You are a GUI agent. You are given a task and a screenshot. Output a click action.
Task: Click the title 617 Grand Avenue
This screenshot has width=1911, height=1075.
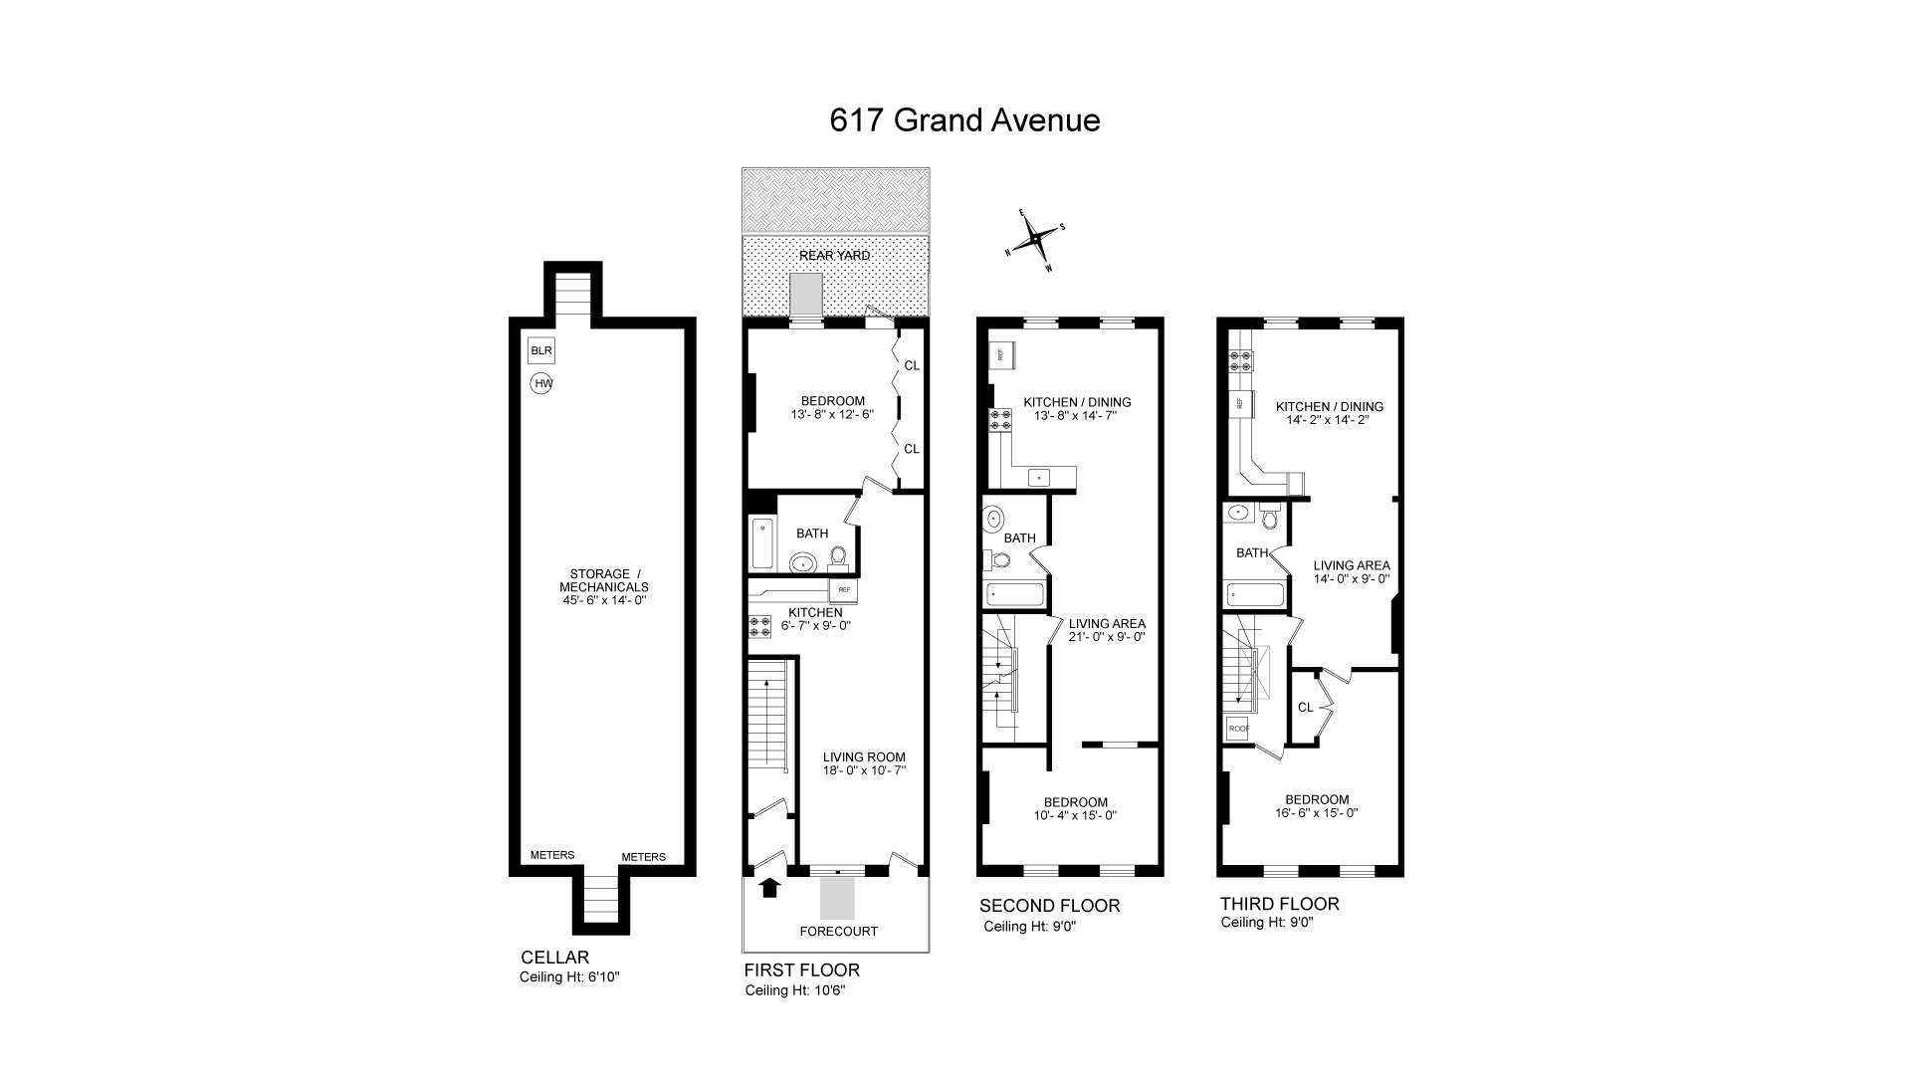[x=964, y=120]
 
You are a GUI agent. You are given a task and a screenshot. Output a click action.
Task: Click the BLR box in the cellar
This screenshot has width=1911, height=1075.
[x=540, y=351]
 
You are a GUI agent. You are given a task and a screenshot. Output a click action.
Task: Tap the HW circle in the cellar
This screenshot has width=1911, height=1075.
[x=541, y=383]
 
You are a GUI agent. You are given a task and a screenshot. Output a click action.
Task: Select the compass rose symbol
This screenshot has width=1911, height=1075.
[x=1037, y=239]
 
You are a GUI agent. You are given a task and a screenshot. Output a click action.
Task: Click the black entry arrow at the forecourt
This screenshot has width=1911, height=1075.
[x=769, y=887]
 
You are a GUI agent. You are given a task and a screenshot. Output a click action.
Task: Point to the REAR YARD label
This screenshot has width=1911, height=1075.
[x=834, y=256]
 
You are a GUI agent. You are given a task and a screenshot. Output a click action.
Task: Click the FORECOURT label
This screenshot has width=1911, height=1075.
[x=838, y=932]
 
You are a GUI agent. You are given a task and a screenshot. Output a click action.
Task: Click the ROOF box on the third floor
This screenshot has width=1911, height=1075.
[x=1238, y=729]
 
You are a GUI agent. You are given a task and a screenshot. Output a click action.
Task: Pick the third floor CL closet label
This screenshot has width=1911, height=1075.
[x=1305, y=708]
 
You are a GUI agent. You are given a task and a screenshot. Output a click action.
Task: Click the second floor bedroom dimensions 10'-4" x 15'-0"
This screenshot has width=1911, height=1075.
[x=1075, y=816]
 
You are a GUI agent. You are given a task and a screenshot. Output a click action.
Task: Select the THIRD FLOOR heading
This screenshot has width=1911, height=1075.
[x=1279, y=904]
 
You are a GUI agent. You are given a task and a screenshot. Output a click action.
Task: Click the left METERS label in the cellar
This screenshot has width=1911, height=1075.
[x=552, y=855]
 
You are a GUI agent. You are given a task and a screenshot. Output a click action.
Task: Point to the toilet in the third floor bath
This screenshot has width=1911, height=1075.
[x=1269, y=518]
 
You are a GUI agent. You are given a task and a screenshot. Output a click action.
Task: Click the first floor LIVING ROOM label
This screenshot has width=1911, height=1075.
[x=864, y=757]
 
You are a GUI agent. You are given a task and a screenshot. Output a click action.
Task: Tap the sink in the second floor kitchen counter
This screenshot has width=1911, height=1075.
[x=1039, y=479]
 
